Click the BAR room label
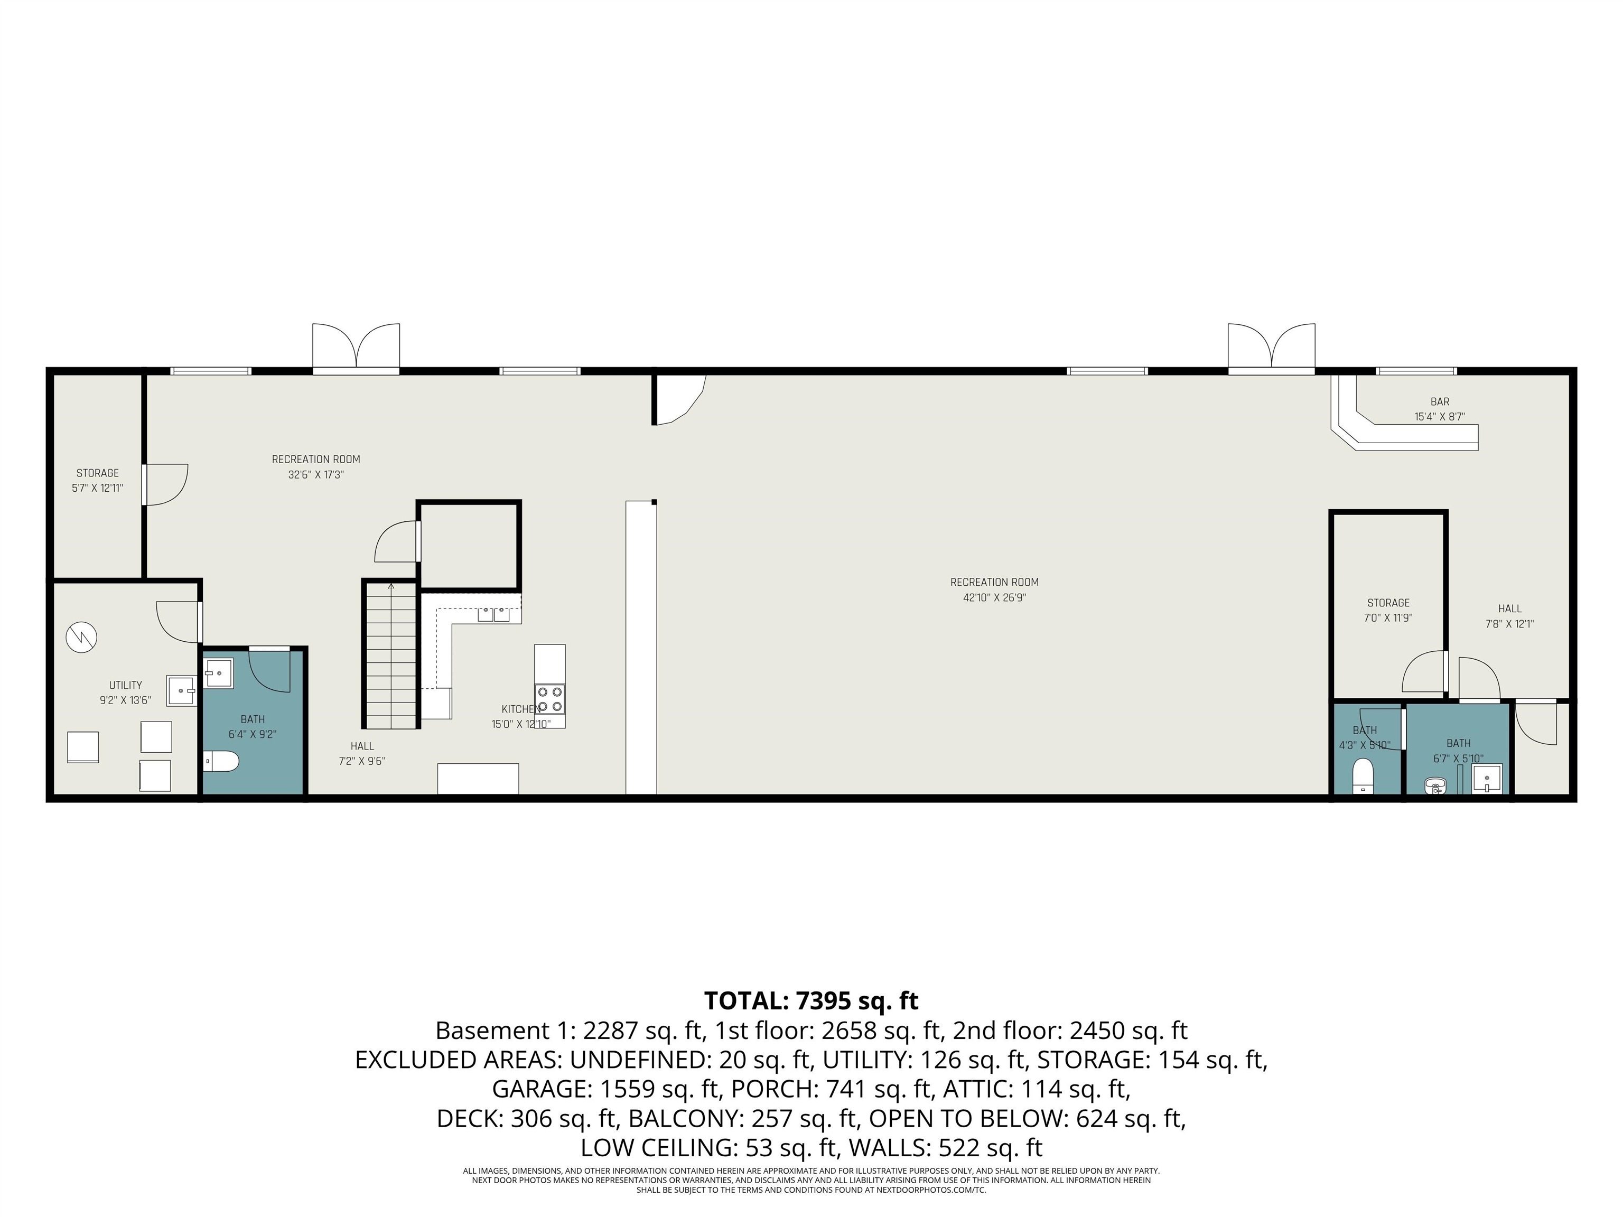pos(1440,402)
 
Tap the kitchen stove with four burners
pos(549,698)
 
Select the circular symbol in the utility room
pos(81,636)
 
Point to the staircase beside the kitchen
pos(390,654)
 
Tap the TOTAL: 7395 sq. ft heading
pos(811,1000)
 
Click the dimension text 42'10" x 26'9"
pos(994,598)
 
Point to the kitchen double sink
pos(494,614)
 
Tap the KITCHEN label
pos(520,709)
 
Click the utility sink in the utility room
pos(181,691)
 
